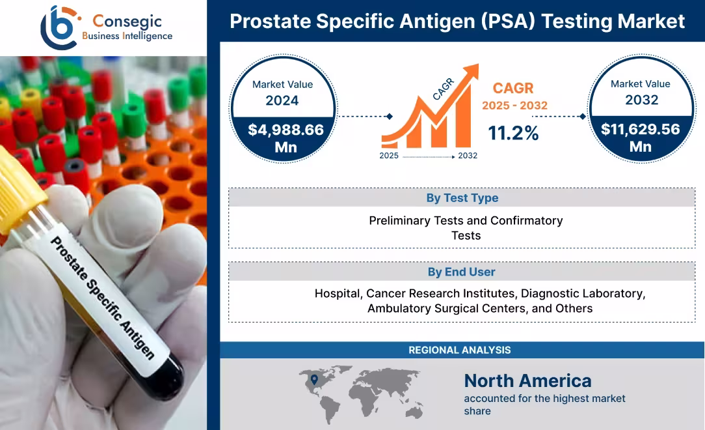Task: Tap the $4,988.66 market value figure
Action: click(286, 130)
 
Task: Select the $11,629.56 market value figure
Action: click(641, 130)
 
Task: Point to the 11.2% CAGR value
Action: click(514, 133)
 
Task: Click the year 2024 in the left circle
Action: click(282, 100)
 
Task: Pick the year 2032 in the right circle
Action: click(641, 100)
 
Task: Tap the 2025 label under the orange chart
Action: click(389, 156)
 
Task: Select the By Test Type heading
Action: click(462, 198)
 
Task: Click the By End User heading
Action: click(461, 272)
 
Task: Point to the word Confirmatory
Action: click(526, 220)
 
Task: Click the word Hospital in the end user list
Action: click(339, 293)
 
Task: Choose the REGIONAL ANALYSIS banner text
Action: click(459, 351)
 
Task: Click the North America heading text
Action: click(527, 380)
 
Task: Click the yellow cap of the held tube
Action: click(20, 189)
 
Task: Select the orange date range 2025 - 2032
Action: click(514, 105)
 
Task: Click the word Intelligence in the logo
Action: click(148, 36)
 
